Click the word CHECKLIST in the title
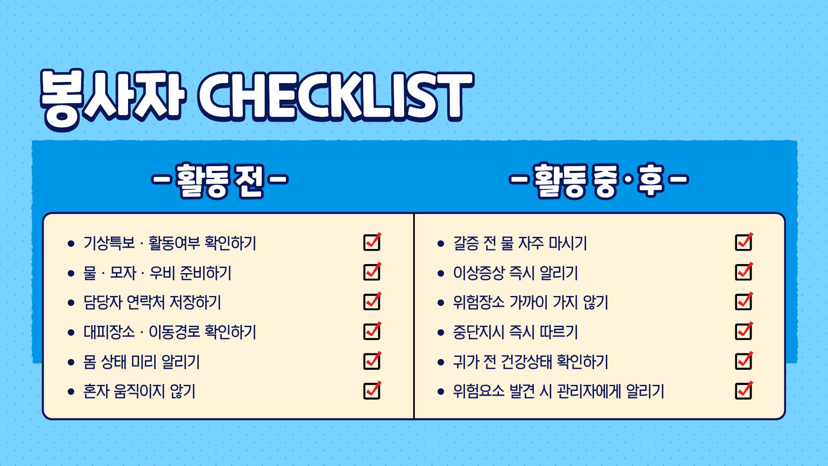pyautogui.click(x=336, y=96)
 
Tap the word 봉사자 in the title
pyautogui.click(x=113, y=99)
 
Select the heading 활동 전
pyautogui.click(x=220, y=180)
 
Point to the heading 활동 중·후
pyautogui.click(x=599, y=180)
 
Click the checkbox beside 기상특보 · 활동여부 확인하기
pyautogui.click(x=372, y=242)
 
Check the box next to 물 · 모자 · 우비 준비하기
pyautogui.click(x=372, y=272)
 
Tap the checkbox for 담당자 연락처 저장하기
pyautogui.click(x=372, y=302)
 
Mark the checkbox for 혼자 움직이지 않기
pyautogui.click(x=372, y=390)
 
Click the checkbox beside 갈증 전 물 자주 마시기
pyautogui.click(x=744, y=242)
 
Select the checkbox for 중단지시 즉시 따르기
pyautogui.click(x=744, y=331)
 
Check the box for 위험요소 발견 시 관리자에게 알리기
pyautogui.click(x=744, y=390)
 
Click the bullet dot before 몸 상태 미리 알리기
pyautogui.click(x=71, y=362)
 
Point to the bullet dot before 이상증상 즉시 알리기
pyautogui.click(x=441, y=274)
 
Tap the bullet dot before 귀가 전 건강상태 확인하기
pyautogui.click(x=441, y=362)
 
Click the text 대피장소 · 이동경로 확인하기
pyautogui.click(x=170, y=332)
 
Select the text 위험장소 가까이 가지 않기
pyautogui.click(x=530, y=302)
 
